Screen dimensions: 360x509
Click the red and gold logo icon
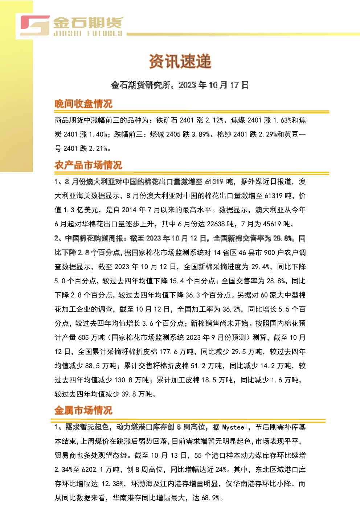coord(35,25)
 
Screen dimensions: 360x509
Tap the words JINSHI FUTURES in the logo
coord(88,34)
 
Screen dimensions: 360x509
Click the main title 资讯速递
coord(180,61)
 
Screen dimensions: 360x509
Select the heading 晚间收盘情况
coord(83,104)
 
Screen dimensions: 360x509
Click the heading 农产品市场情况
coord(88,165)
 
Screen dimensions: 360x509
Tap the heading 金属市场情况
coord(83,411)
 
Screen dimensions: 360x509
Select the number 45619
coord(272,224)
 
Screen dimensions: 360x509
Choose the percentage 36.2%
coord(232,309)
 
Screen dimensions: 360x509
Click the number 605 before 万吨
coord(83,338)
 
